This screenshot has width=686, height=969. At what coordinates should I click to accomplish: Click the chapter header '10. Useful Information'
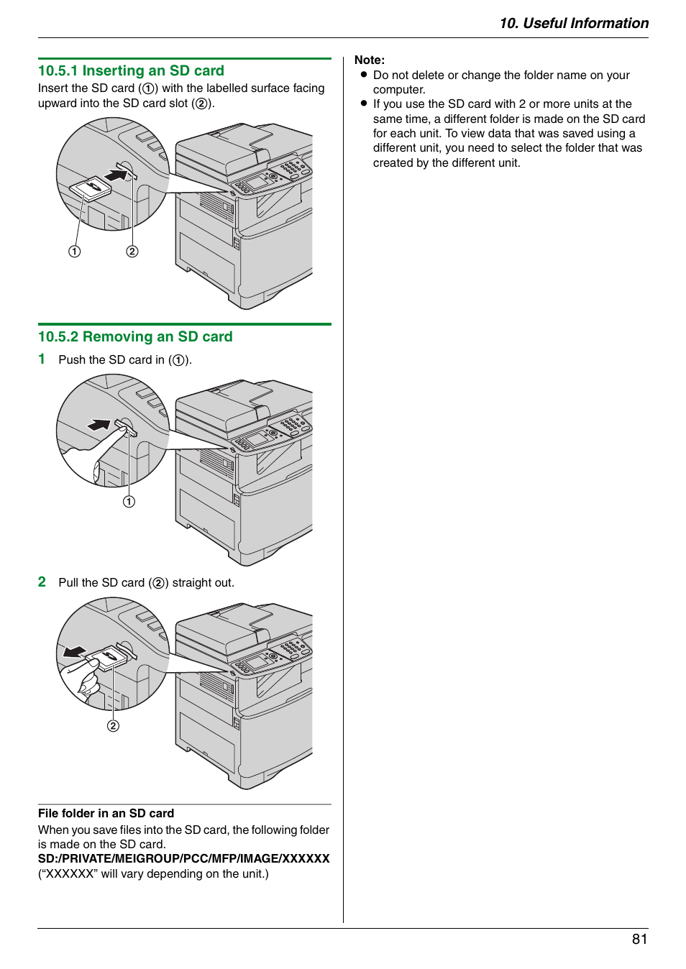573,23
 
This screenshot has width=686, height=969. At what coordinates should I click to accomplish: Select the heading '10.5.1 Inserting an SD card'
131,70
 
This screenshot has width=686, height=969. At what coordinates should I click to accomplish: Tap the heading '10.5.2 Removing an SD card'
135,336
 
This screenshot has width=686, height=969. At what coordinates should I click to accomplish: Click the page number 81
639,939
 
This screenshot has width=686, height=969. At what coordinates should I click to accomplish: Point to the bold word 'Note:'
370,60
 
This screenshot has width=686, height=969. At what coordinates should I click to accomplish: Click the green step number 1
42,359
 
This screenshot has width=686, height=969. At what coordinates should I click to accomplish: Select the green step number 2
42,582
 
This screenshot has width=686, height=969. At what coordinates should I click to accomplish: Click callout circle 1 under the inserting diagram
75,251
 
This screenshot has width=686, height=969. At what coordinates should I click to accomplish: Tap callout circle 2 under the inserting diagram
132,251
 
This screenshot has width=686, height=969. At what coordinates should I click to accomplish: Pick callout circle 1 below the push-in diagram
129,501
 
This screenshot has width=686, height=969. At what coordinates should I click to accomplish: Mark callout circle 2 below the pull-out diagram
113,725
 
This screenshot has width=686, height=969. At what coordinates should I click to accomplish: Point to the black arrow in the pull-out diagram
74,651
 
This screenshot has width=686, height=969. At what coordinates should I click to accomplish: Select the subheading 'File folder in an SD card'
106,813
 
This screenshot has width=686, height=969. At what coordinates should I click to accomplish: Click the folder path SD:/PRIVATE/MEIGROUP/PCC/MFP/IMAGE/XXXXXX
183,858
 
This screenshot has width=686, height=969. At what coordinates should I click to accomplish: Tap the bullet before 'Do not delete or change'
364,75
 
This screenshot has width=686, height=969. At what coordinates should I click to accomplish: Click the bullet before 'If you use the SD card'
364,104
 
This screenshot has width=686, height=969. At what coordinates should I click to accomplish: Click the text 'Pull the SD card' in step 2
101,582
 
